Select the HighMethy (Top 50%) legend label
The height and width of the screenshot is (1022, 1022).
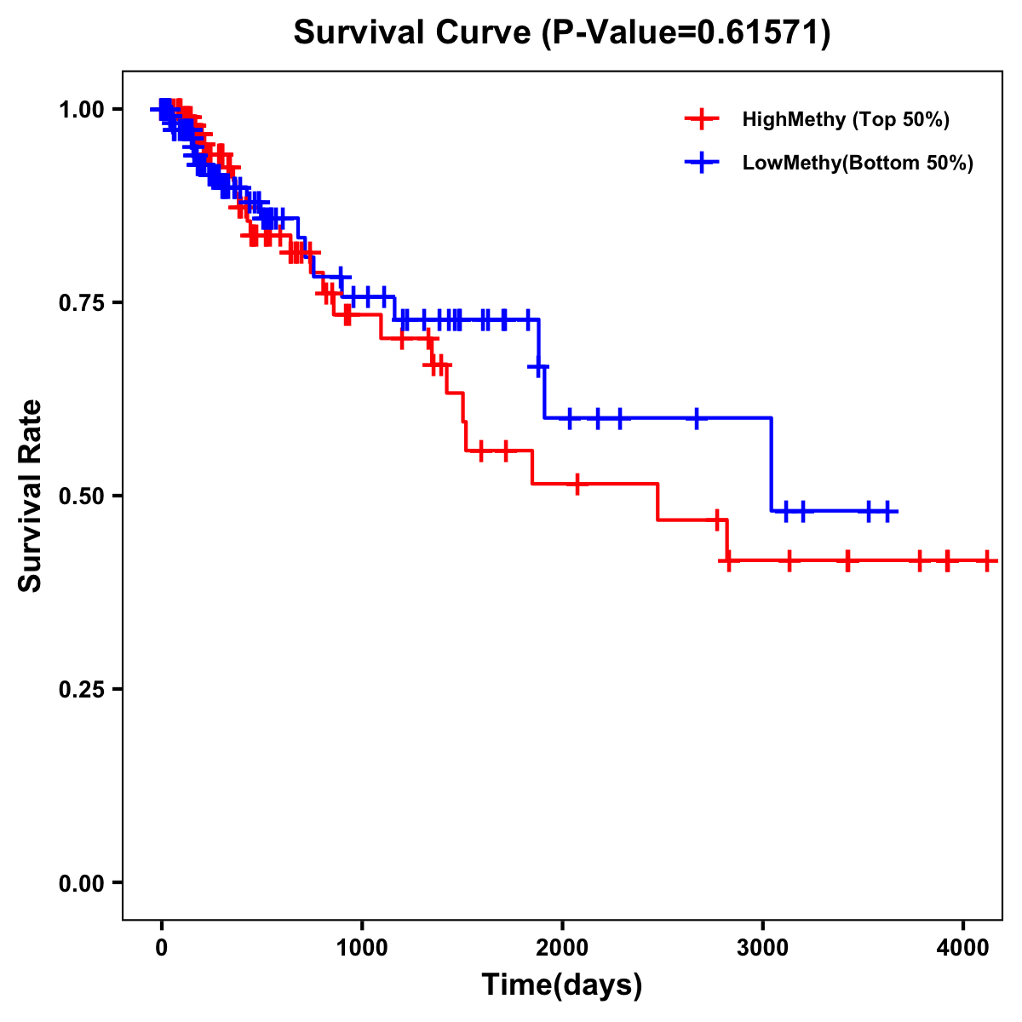(x=846, y=119)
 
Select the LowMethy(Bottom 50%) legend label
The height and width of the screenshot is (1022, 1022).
(x=858, y=163)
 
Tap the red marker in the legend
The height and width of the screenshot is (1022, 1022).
(x=701, y=119)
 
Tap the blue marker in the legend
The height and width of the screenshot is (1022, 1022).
(x=701, y=163)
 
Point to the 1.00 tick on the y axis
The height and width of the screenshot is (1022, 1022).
(x=81, y=109)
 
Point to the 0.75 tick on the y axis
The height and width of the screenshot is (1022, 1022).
(x=81, y=302)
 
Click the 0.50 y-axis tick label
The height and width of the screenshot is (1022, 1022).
(x=81, y=496)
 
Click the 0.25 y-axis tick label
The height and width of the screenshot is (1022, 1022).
(x=81, y=689)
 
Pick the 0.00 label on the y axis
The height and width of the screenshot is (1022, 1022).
(x=81, y=882)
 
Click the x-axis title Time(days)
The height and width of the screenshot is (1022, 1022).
(x=562, y=985)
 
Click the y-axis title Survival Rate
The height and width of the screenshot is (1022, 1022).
(x=31, y=495)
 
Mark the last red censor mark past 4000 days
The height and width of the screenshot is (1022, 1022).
(x=986, y=560)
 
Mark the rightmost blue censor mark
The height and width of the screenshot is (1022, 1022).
(x=887, y=511)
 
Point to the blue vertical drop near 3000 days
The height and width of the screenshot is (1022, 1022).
(x=772, y=464)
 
